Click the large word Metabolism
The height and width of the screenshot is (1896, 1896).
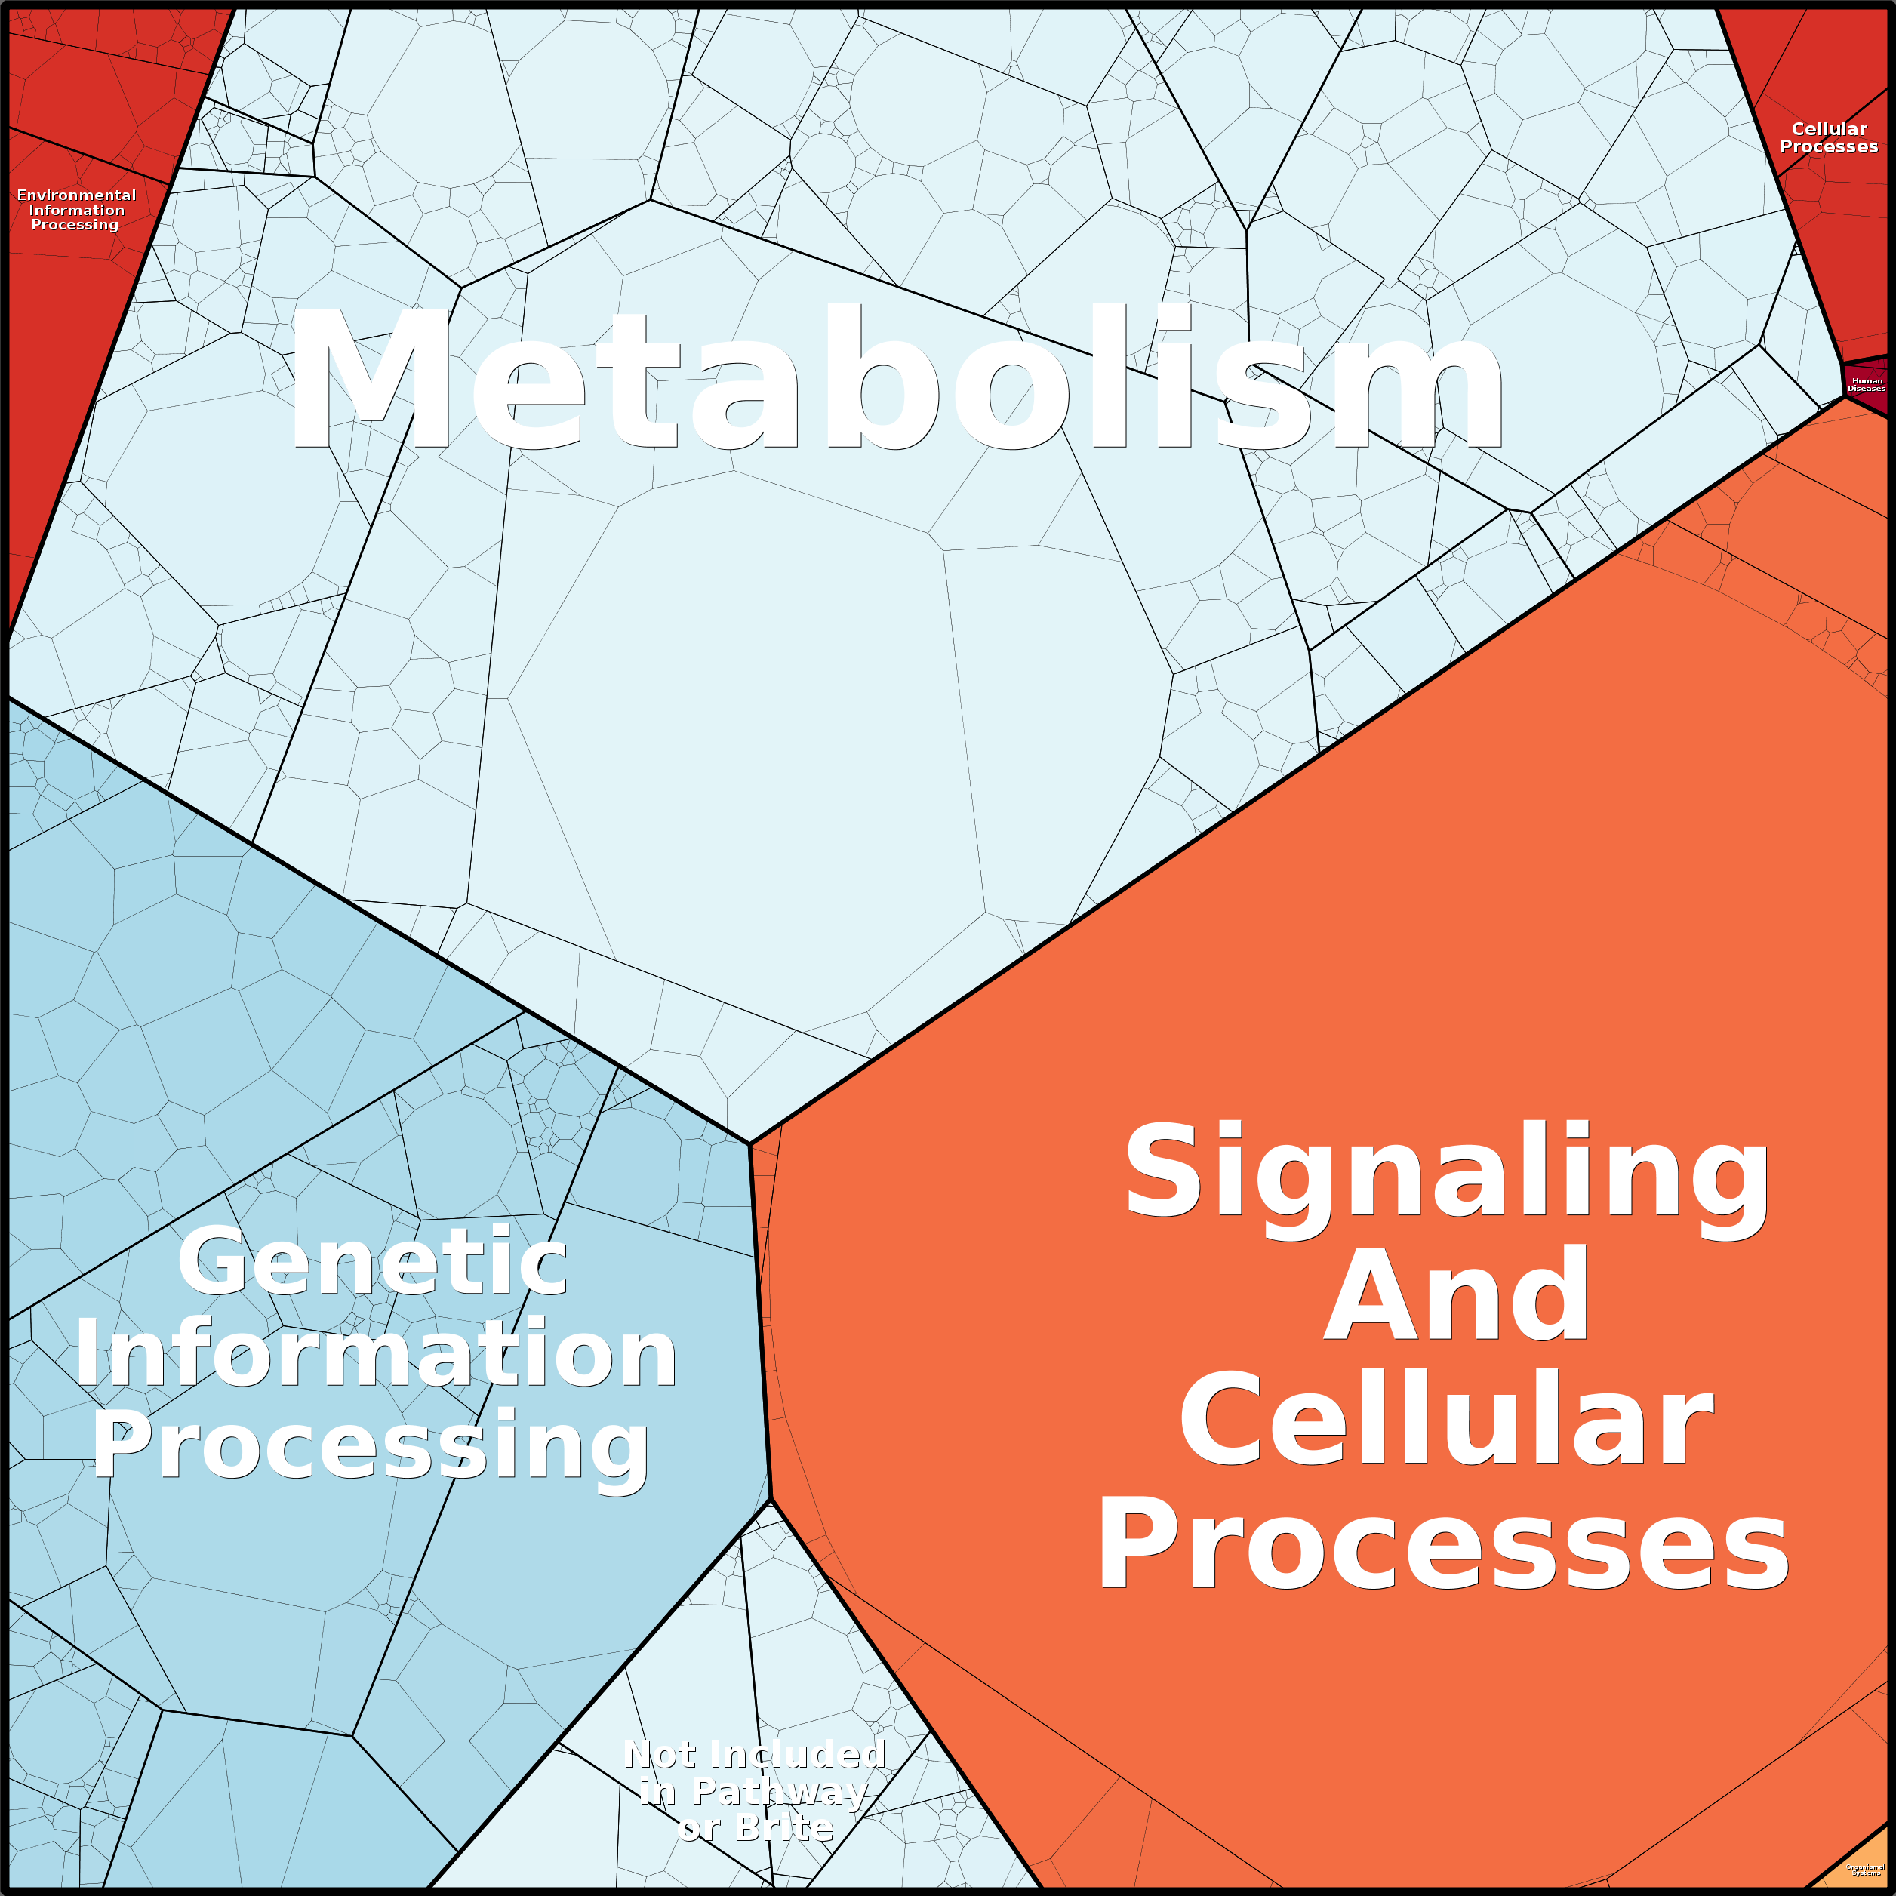tap(895, 378)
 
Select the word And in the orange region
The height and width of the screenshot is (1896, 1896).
tap(1457, 1295)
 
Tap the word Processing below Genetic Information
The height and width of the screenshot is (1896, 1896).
tap(371, 1445)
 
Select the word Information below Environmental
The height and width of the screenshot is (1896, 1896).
tap(76, 210)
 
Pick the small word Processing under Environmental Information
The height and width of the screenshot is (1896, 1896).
tap(75, 225)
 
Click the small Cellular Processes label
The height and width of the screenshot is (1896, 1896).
tap(1828, 137)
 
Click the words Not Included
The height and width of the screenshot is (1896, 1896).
tap(755, 1753)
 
